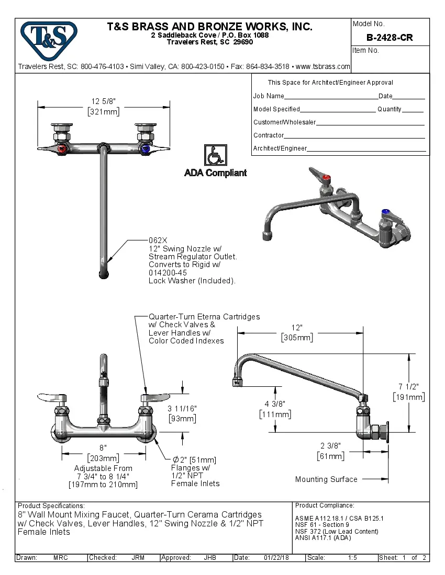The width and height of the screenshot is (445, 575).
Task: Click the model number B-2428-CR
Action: [x=390, y=38]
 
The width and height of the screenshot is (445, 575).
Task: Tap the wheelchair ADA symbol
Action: [x=215, y=155]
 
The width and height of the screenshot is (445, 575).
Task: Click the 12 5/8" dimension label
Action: [x=103, y=101]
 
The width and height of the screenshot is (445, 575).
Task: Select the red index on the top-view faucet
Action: [x=63, y=149]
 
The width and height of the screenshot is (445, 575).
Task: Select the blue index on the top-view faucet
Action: [x=146, y=149]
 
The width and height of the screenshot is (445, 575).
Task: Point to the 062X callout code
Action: [x=158, y=240]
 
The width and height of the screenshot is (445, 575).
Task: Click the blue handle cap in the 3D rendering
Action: [x=386, y=212]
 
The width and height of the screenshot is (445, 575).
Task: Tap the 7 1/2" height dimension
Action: [x=408, y=387]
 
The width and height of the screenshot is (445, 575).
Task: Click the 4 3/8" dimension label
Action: [x=275, y=404]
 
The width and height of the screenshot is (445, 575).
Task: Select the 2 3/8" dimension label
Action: [x=330, y=446]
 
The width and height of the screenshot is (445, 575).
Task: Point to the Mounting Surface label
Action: [x=326, y=479]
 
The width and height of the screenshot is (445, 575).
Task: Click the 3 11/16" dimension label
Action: [x=182, y=409]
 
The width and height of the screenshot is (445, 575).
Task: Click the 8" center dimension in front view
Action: [x=103, y=448]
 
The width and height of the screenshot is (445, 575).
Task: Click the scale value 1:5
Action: [x=353, y=558]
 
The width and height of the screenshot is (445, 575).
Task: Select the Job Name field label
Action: [x=269, y=96]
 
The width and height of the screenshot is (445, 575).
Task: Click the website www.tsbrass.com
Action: [x=322, y=67]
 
